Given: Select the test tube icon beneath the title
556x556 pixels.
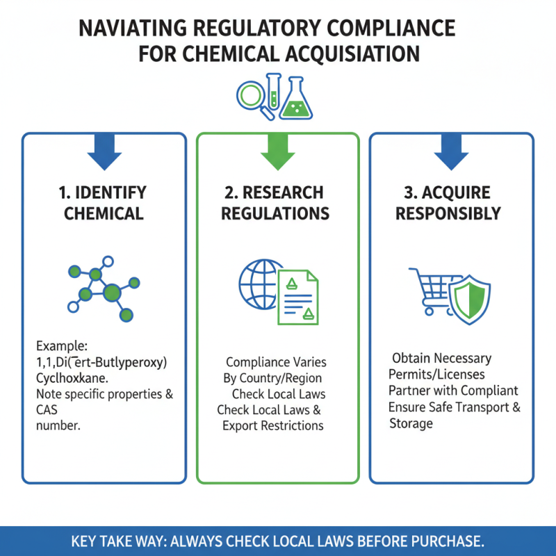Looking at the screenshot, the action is pos(273,91).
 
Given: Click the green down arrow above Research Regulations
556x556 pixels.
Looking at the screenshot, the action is pos(277,152).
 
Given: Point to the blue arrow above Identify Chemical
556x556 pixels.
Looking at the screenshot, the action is pos(105,152).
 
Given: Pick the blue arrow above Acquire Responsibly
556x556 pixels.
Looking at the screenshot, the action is pos(451,152).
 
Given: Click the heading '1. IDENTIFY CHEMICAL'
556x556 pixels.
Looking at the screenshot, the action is pos(103,203).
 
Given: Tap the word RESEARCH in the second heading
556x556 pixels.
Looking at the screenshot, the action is pos(283,193).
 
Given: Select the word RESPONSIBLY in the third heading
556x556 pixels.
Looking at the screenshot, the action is pos(448,214).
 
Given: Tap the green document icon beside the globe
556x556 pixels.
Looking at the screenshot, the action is pos(298,297).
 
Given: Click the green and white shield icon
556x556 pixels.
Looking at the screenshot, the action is pos(470,300).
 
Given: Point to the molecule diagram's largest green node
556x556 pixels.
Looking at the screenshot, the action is pos(113,293).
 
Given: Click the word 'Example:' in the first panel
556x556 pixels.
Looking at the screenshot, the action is pos(62,345).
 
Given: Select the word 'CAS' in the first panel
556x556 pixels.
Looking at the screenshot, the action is pos(47,410).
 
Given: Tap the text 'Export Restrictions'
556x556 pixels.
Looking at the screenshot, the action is pos(273,425).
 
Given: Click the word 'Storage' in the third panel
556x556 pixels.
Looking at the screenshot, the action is pos(411,424).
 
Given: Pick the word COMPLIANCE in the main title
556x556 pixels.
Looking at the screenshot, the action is pos(391,28).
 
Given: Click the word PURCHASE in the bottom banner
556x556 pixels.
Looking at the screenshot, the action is pos(448,541).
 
